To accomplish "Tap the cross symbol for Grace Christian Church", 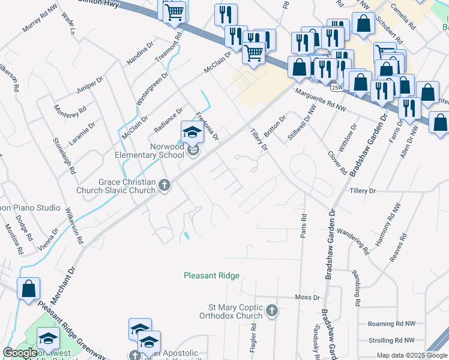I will pos(165,187).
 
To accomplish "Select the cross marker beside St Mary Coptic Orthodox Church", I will pos(272,311).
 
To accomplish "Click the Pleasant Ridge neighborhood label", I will pos(211,276).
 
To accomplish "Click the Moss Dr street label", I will pos(307,298).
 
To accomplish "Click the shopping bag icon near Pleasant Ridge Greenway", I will pos(28,289).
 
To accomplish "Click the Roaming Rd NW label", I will pos(392,323).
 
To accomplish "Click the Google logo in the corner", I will pos(20,353).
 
